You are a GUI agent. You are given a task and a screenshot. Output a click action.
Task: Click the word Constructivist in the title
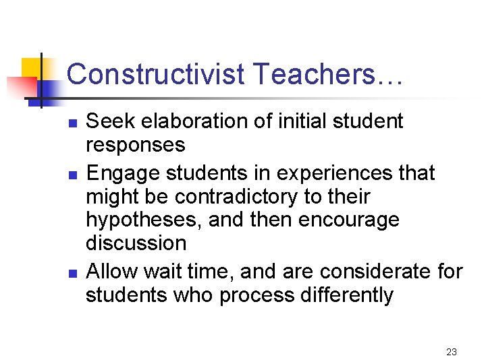point(156,74)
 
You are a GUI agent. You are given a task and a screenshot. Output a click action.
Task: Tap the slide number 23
point(452,351)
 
